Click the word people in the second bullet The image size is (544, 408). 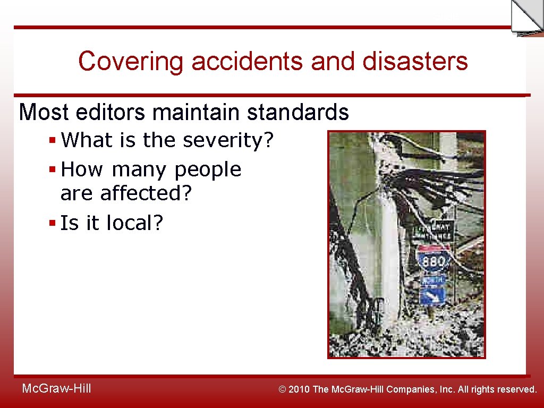click(208, 170)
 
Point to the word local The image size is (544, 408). click(134, 223)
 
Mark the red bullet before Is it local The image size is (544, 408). click(52, 224)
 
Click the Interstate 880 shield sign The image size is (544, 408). click(433, 260)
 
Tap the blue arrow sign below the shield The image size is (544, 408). click(432, 294)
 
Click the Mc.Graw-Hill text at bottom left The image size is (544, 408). click(56, 389)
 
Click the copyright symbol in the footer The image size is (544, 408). click(283, 389)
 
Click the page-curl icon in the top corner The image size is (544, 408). click(526, 17)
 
